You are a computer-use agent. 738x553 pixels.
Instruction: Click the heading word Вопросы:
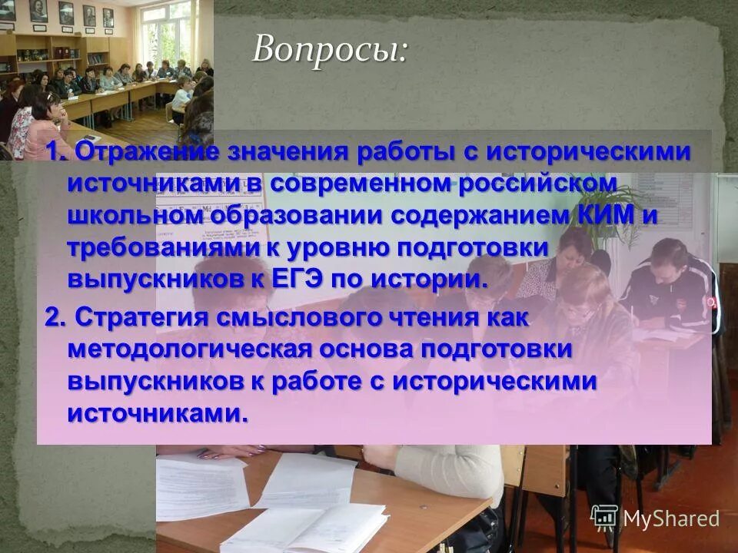coord(330,51)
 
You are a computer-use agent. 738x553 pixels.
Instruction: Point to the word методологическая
coord(188,349)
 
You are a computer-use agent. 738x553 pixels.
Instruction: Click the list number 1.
coord(55,152)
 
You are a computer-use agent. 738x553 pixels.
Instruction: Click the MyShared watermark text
coord(671,518)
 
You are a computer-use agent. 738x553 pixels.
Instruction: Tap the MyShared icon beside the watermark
coord(605,518)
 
